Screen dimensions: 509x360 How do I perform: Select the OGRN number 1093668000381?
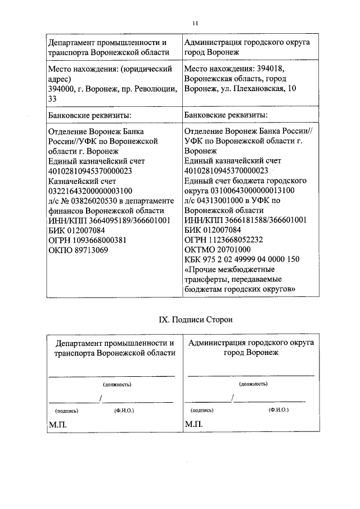[91, 239]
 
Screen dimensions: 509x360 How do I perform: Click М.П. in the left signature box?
[57, 424]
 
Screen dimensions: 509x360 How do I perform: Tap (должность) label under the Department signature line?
[116, 385]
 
